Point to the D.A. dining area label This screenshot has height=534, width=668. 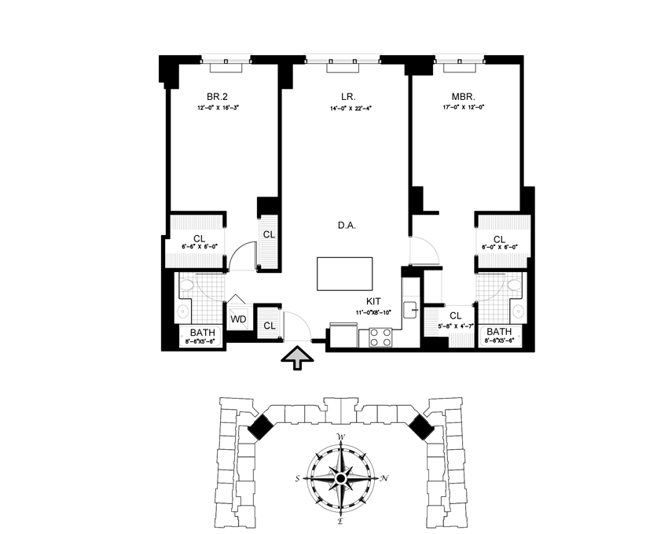[346, 226]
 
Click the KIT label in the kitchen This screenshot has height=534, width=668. [374, 301]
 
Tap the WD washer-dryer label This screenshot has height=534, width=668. [238, 320]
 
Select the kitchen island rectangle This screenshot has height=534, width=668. [345, 274]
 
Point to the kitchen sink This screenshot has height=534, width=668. [410, 309]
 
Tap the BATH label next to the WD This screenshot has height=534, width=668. [201, 333]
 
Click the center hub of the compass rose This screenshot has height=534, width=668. [341, 478]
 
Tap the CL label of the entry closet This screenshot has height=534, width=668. [269, 325]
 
